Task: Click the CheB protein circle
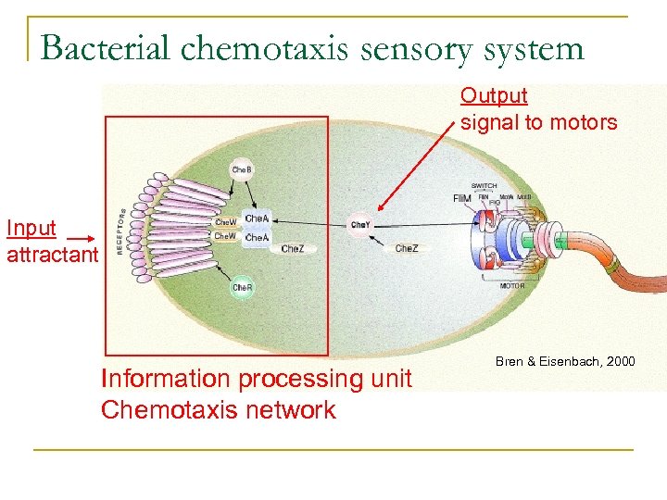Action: (241, 170)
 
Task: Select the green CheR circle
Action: (242, 288)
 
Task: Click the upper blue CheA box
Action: (257, 219)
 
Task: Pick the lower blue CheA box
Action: (257, 238)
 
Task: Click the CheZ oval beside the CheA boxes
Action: (293, 248)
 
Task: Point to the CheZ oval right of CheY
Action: (407, 248)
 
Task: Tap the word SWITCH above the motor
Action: (484, 186)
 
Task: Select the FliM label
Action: (461, 198)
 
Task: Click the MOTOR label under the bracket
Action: (512, 286)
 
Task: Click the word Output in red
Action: (494, 95)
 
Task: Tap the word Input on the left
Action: (31, 228)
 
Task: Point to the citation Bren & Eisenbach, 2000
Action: (565, 360)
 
